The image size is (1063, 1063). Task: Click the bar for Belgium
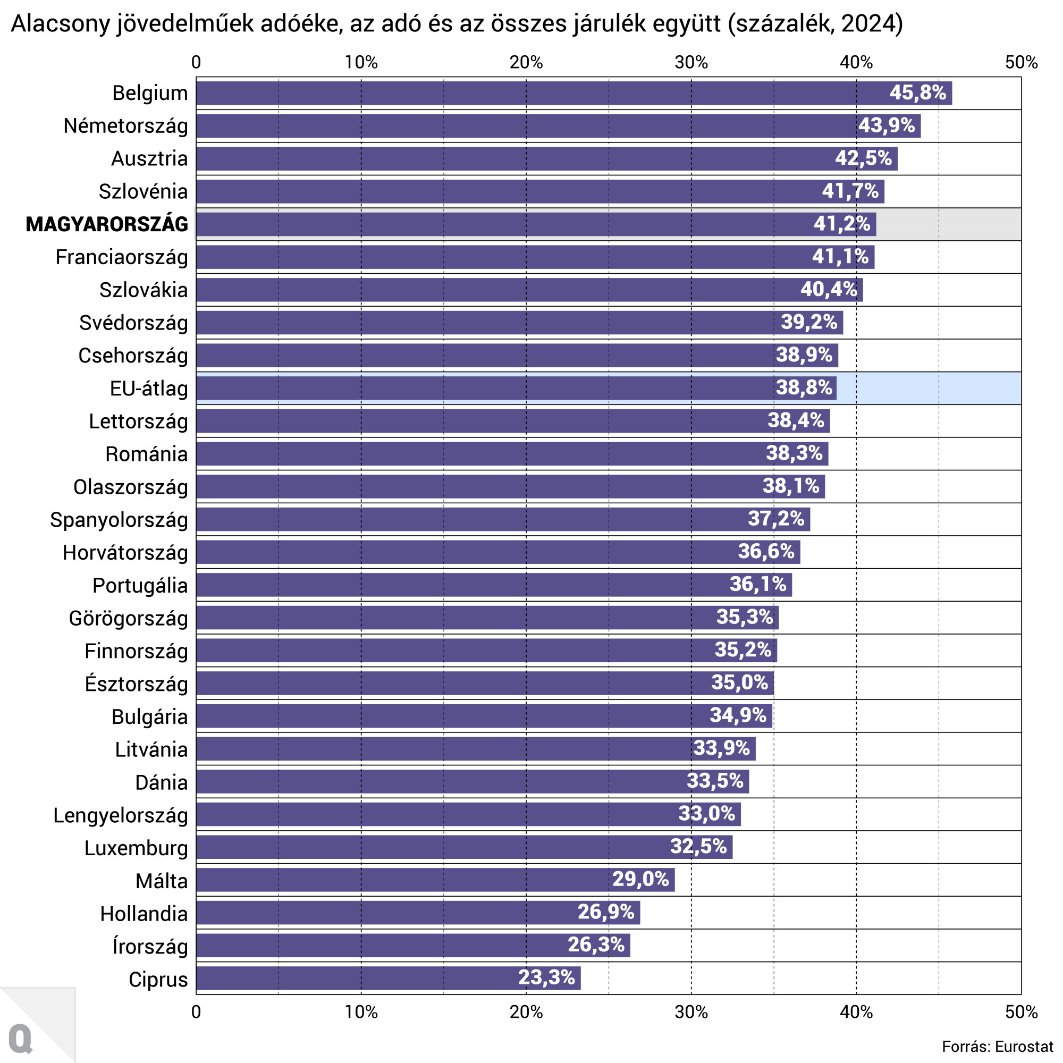pyautogui.click(x=550, y=93)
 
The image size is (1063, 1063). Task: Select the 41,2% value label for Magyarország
pyautogui.click(x=842, y=224)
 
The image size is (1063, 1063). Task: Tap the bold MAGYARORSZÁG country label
pyautogui.click(x=107, y=224)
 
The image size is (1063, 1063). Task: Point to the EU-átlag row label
pyautogui.click(x=149, y=389)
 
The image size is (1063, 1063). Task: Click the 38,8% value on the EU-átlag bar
pyautogui.click(x=804, y=388)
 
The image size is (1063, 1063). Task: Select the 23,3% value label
pyautogui.click(x=546, y=978)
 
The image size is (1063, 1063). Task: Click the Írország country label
pyautogui.click(x=150, y=947)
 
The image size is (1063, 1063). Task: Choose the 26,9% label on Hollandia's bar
pyautogui.click(x=606, y=912)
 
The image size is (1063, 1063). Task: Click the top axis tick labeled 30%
pyautogui.click(x=691, y=63)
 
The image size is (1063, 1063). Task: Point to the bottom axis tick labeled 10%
pyautogui.click(x=361, y=1013)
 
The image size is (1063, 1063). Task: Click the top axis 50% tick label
pyautogui.click(x=1021, y=63)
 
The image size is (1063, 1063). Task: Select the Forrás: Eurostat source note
pyautogui.click(x=997, y=1047)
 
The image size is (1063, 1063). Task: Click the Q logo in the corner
pyautogui.click(x=21, y=1039)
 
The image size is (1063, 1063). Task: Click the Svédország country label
pyautogui.click(x=133, y=323)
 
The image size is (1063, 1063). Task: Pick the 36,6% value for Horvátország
pyautogui.click(x=766, y=551)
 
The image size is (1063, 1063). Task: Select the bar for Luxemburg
pyautogui.click(x=440, y=847)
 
